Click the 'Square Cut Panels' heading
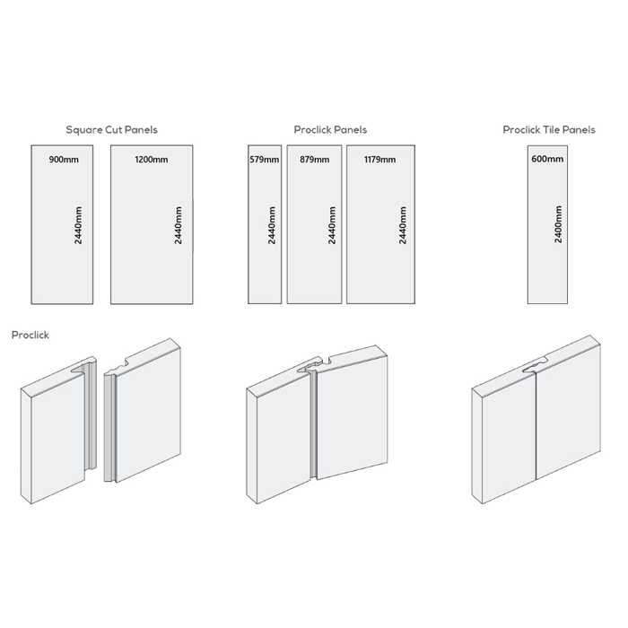tap(112, 130)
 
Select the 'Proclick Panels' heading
tap(330, 130)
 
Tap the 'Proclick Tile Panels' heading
tap(549, 130)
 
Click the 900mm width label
tap(64, 160)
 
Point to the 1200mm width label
tap(152, 160)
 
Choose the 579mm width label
tap(265, 160)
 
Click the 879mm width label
tap(314, 160)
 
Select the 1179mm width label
tap(379, 160)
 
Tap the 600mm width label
tap(547, 159)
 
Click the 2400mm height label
tap(558, 224)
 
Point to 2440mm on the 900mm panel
tap(78, 225)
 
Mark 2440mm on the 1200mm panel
tap(179, 225)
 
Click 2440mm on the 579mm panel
tap(272, 225)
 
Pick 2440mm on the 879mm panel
tap(332, 225)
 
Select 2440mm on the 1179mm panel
tap(403, 225)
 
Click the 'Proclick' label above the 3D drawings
tap(31, 335)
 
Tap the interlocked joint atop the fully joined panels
tap(535, 366)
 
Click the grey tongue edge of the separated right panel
tap(109, 427)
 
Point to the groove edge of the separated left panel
tap(91, 416)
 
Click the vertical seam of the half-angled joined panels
tap(314, 424)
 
